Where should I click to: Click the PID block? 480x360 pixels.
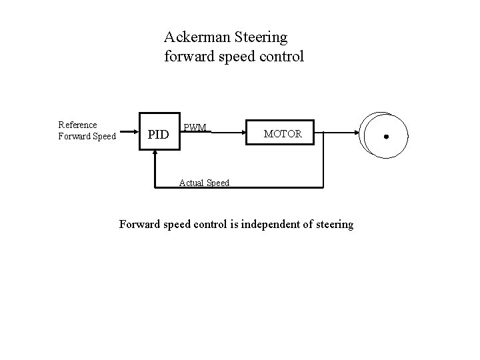point(158,135)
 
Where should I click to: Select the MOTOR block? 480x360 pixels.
point(283,134)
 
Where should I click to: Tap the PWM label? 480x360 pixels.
point(195,127)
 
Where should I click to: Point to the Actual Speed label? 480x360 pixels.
point(205,183)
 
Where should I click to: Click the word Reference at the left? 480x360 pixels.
point(77,125)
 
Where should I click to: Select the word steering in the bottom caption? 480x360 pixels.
point(331,224)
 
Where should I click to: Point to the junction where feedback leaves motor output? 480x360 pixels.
point(323,132)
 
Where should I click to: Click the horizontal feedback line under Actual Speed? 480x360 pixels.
point(267,187)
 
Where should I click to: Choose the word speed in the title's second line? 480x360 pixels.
point(230,56)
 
